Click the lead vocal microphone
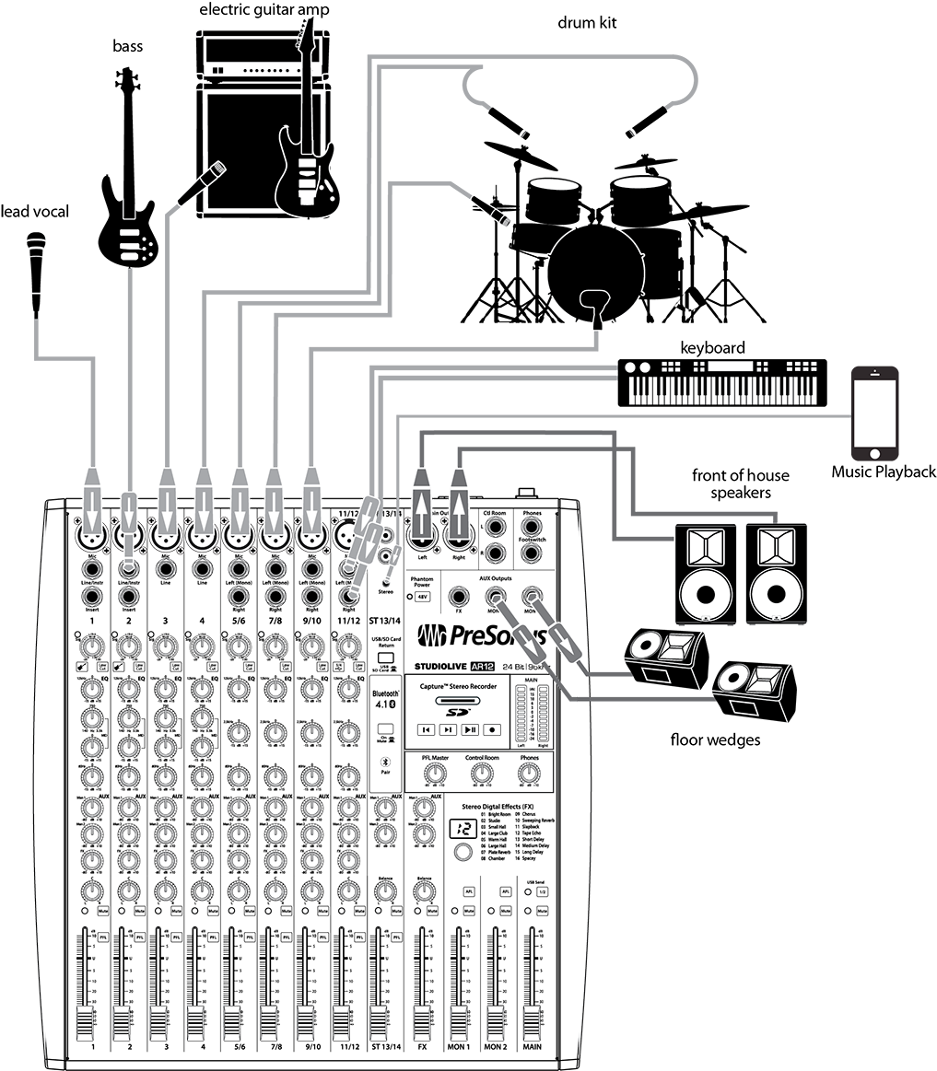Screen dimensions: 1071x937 (x=36, y=267)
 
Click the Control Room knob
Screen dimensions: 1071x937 (x=479, y=775)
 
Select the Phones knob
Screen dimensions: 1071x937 (x=528, y=775)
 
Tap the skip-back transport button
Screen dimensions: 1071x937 (x=425, y=729)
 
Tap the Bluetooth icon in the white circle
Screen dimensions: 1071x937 (x=386, y=761)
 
